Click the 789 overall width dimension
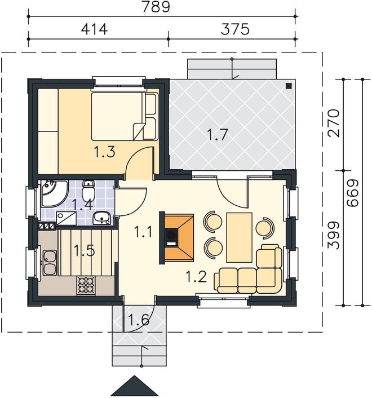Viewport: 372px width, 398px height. [x=156, y=7]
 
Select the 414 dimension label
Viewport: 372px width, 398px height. [x=94, y=29]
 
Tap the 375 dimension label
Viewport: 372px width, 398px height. [x=235, y=29]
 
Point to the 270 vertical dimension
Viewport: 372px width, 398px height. [x=334, y=123]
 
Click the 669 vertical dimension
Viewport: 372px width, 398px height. [x=353, y=193]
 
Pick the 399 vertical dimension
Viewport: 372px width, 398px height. [x=334, y=235]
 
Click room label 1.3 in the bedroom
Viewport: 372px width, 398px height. [x=104, y=152]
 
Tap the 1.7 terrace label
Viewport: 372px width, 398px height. [x=218, y=134]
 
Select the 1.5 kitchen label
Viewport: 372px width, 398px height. [x=84, y=250]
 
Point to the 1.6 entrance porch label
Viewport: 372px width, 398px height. [x=139, y=319]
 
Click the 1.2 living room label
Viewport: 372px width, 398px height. [x=196, y=276]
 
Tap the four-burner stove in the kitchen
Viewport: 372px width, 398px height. [x=86, y=286]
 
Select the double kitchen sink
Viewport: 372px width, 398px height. [x=50, y=263]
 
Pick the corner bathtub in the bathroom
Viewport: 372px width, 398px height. [x=54, y=193]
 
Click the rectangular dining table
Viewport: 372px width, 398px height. [x=240, y=237]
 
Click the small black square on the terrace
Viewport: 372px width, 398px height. [x=289, y=86]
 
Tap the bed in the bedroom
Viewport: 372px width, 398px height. [x=125, y=116]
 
